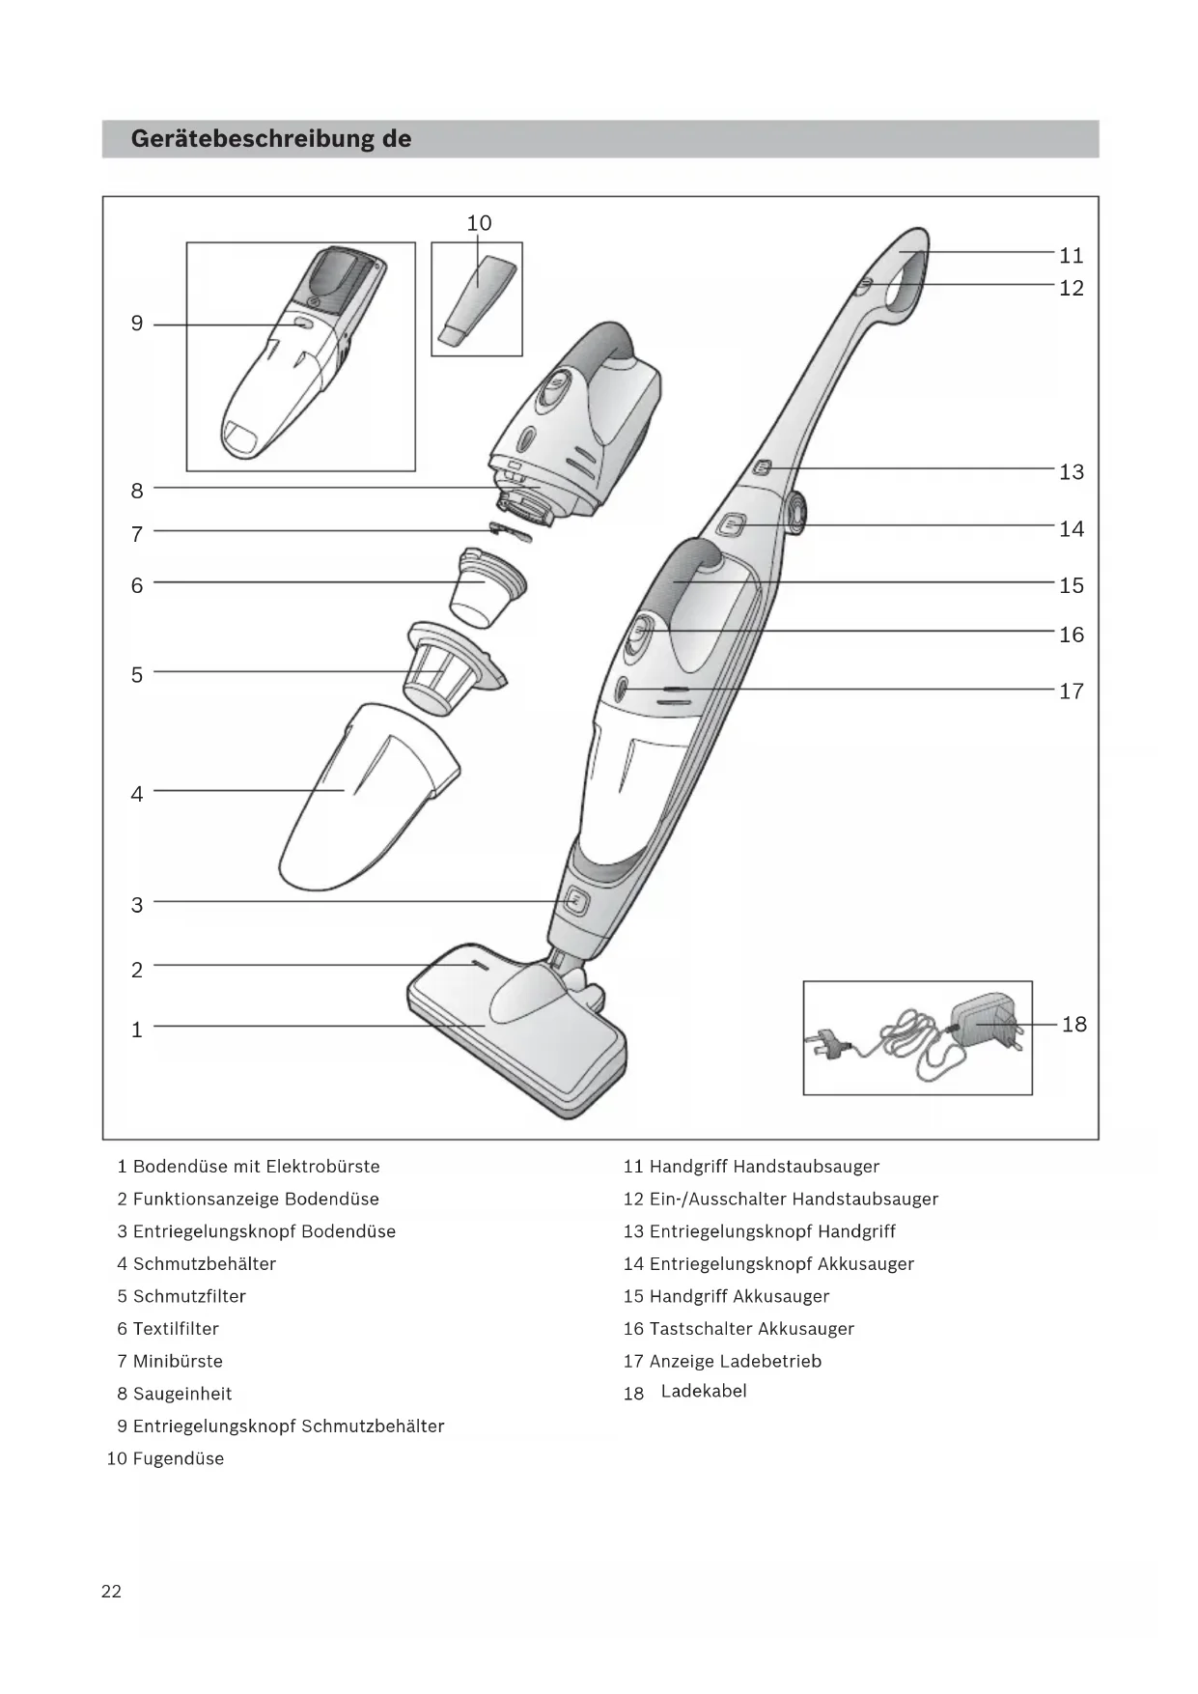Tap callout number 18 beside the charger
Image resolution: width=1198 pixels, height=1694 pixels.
coord(1073,1025)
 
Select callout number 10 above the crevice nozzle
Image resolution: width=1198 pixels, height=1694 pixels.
coord(479,224)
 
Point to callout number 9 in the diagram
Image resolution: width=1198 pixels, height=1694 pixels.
coord(137,324)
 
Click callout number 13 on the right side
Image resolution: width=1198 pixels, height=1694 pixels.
coord(1072,472)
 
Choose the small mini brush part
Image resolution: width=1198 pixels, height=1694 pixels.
coord(511,531)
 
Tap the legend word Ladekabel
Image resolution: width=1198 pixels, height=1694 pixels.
coord(704,1392)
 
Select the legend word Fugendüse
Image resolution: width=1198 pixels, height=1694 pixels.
coord(179,1459)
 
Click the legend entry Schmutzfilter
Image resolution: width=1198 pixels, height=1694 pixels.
coord(189,1297)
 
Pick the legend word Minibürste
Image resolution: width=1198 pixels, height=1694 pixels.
coord(178,1362)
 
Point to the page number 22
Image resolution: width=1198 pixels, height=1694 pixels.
coord(111,1592)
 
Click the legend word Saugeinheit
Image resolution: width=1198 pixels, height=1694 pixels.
coord(182,1395)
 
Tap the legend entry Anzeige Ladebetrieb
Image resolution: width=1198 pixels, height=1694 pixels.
coord(735,1362)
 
